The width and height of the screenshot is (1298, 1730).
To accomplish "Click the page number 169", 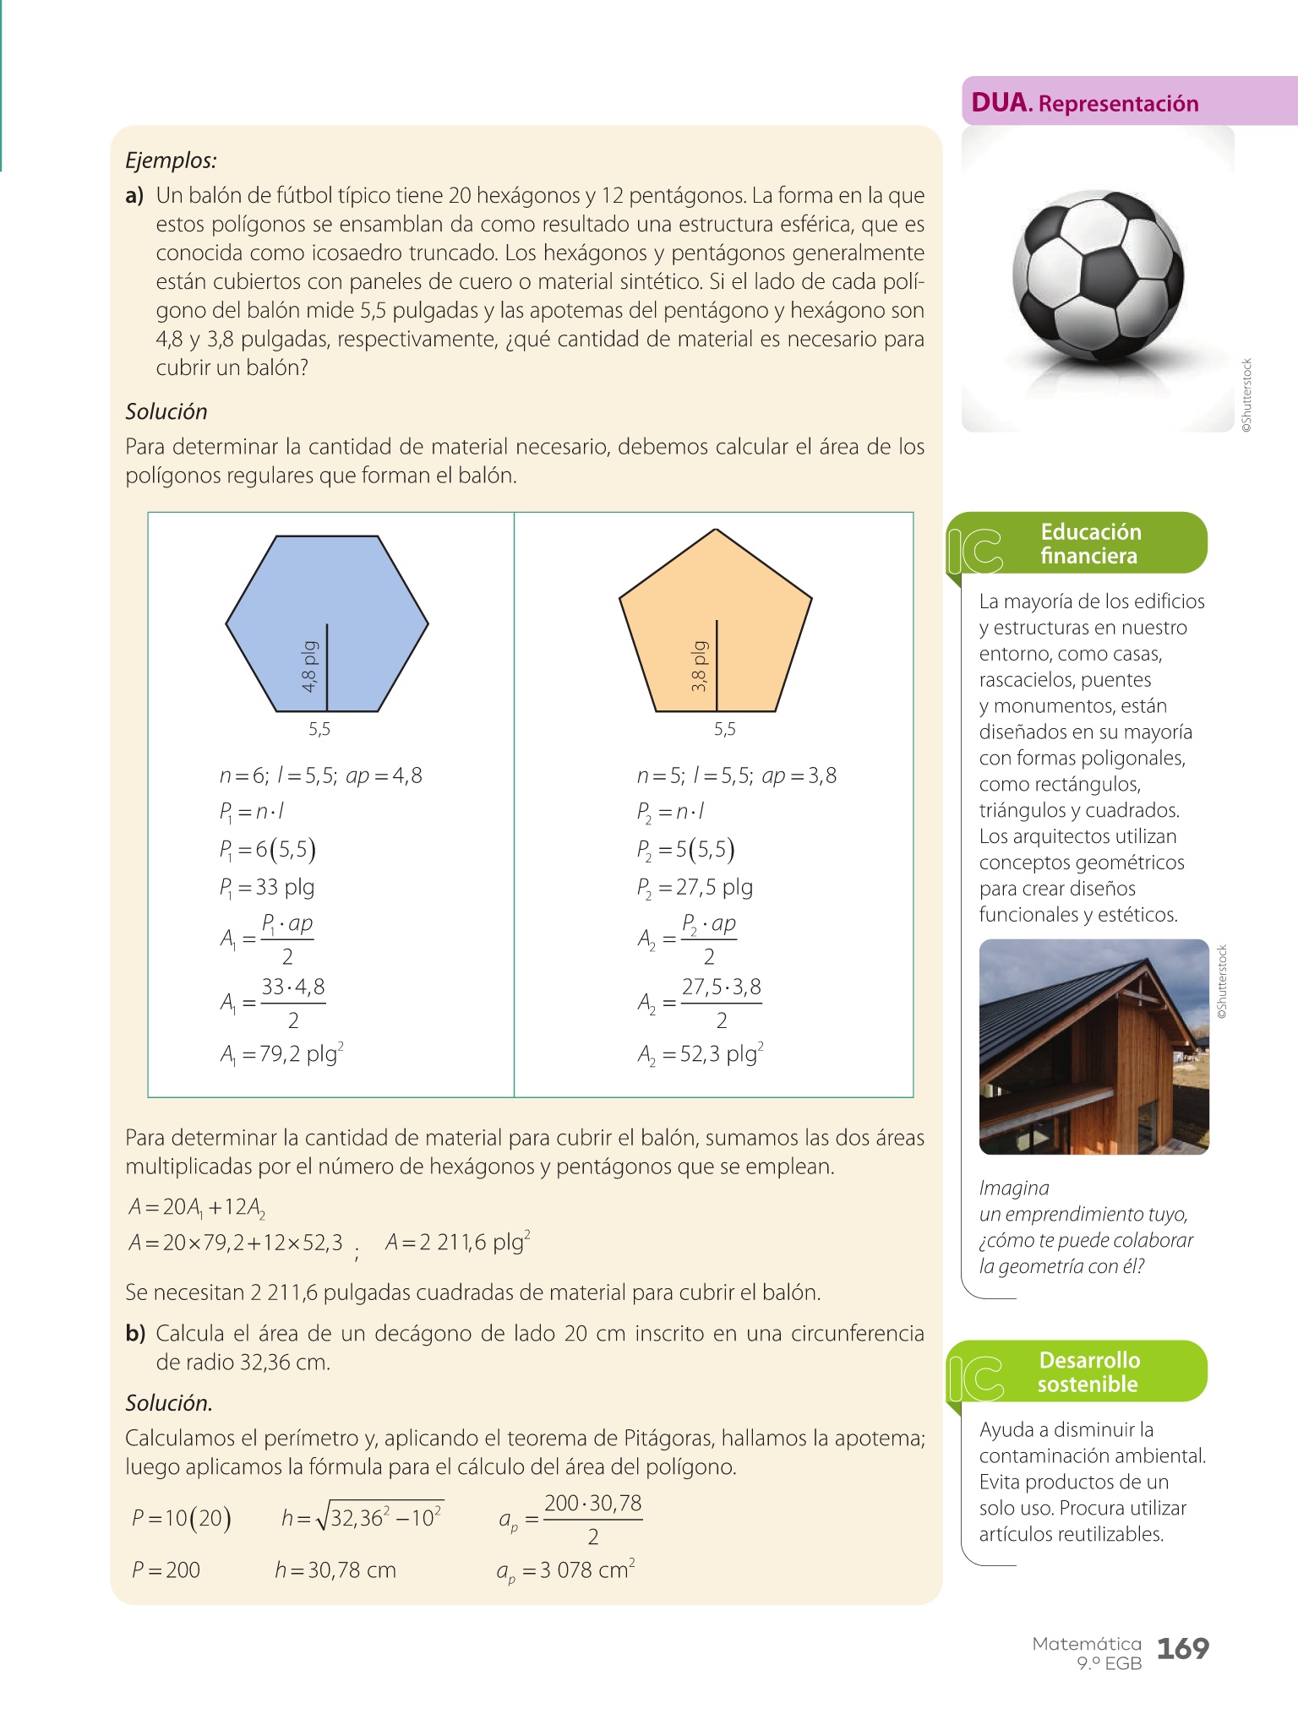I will tap(1182, 1648).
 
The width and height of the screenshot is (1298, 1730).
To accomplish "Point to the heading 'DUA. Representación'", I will tap(1085, 103).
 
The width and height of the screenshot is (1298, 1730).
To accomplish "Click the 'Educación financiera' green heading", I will tap(1090, 543).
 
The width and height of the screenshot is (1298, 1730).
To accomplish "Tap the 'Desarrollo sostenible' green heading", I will tap(1088, 1372).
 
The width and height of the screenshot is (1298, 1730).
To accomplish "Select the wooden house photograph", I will tap(1093, 1047).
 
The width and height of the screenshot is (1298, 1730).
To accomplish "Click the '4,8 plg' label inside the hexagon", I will tap(310, 667).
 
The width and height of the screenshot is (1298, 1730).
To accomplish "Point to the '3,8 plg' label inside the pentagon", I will tap(699, 667).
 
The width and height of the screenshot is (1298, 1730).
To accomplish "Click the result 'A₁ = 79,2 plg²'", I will tap(281, 1054).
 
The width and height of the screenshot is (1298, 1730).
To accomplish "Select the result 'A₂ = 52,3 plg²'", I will tap(701, 1054).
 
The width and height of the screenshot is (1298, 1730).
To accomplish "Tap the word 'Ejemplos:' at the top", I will tap(171, 160).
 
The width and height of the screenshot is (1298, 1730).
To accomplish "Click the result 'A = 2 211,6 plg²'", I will tap(457, 1243).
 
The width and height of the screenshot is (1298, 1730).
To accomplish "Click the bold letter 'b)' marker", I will tap(135, 1334).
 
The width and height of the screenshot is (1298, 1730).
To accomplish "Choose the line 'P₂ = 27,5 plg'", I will tap(695, 887).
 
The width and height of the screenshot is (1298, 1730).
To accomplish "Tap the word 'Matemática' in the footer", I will tap(1087, 1644).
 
